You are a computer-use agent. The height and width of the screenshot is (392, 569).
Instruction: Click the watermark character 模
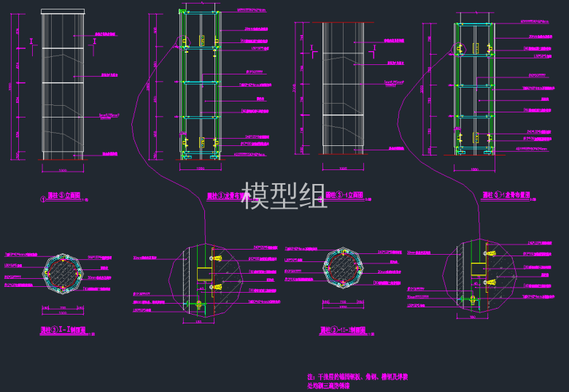click(x=255, y=196)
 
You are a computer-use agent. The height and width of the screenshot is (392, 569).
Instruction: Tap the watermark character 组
click(x=312, y=196)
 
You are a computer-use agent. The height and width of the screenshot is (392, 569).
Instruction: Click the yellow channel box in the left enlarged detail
click(x=204, y=274)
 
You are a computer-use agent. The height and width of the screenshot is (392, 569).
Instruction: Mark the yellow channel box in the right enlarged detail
click(x=479, y=267)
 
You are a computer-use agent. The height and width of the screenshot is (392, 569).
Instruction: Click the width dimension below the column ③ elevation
click(x=62, y=171)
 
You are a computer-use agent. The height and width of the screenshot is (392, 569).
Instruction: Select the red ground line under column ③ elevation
click(x=62, y=159)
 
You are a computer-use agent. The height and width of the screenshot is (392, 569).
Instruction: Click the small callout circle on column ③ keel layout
click(x=185, y=140)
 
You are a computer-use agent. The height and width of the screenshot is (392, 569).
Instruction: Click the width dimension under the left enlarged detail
click(x=198, y=321)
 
